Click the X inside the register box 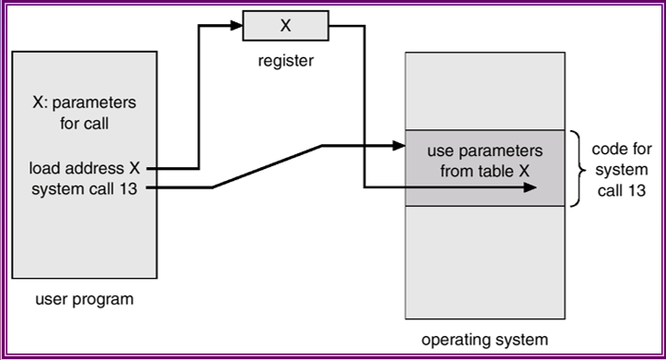(284, 26)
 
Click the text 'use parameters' (484, 150)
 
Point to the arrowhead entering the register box (237, 26)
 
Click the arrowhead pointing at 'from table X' (530, 188)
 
